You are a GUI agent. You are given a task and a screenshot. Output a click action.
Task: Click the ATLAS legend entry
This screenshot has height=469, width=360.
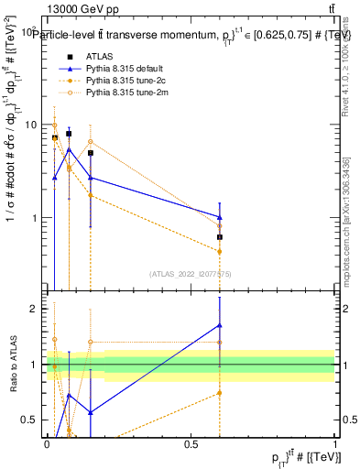point(99,57)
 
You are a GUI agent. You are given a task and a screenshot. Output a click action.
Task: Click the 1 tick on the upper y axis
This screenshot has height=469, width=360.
point(37,219)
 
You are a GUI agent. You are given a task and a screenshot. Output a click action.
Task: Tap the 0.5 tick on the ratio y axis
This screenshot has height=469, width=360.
point(33,420)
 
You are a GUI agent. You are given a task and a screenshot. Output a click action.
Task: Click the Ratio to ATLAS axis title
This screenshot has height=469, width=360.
point(14,365)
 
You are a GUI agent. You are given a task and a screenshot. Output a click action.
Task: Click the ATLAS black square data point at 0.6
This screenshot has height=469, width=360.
point(220,237)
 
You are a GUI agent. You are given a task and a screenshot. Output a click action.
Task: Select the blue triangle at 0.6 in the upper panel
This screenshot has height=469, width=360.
point(220,217)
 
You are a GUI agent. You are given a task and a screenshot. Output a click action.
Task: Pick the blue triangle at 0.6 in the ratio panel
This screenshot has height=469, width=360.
point(220,325)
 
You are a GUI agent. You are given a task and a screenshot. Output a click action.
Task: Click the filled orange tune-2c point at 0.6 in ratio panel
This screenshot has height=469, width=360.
point(220,393)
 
